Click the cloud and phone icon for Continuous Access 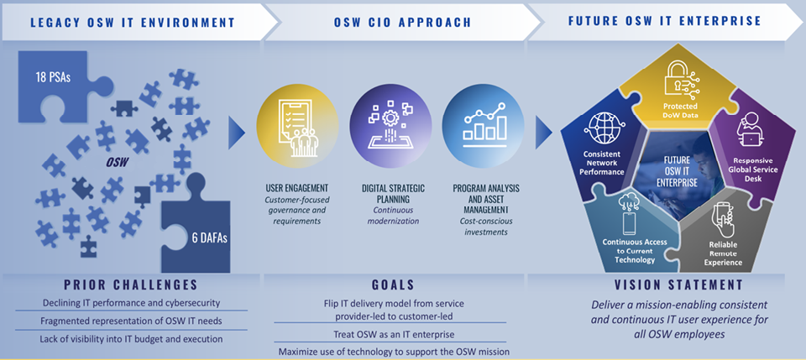tap(629, 213)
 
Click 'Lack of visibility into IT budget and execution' tap(130, 339)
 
